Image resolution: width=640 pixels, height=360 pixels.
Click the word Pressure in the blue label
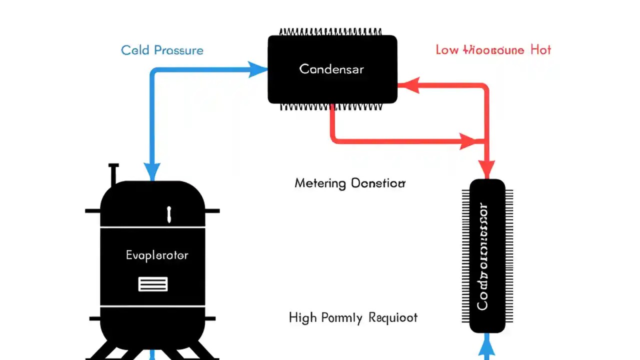tap(179, 50)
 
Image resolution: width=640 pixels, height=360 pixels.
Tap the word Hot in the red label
tap(541, 50)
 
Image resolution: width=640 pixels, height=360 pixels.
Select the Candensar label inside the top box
tap(331, 69)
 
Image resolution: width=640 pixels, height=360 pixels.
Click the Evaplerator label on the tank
tap(157, 255)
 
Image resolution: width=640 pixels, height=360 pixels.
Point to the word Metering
tap(320, 183)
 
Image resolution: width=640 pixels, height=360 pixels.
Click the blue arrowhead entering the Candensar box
tap(258, 69)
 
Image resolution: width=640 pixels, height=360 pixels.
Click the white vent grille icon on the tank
tap(152, 284)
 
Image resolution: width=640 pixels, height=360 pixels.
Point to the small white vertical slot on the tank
tap(169, 214)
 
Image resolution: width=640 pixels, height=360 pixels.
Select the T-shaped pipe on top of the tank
tap(113, 172)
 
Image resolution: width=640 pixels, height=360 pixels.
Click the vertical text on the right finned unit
tap(482, 256)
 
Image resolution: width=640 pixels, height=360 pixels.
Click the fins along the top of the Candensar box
tap(332, 32)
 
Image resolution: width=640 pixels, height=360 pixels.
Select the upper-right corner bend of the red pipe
tap(485, 88)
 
